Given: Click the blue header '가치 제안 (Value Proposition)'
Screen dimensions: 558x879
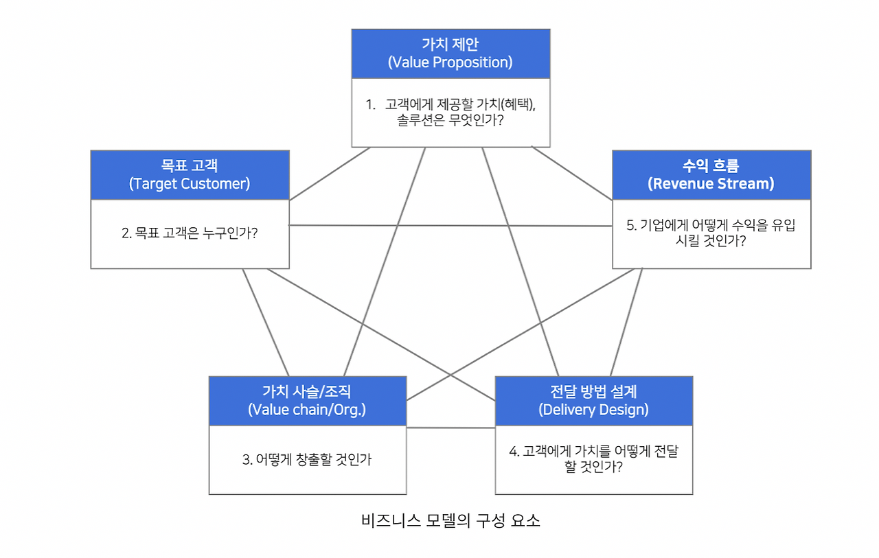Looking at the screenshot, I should point(450,54).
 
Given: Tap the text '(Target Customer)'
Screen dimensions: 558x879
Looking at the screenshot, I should point(190,184).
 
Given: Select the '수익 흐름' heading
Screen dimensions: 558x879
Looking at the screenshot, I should point(711,166).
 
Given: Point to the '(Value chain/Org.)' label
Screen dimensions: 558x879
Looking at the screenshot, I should point(307,410).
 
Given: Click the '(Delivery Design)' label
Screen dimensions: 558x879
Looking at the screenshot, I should point(593,410).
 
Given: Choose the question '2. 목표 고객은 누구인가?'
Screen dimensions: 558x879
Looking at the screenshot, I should point(190,233).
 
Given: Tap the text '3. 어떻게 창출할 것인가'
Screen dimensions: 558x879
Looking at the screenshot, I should point(307,459).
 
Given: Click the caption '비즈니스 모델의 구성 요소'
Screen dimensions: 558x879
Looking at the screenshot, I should point(450,520).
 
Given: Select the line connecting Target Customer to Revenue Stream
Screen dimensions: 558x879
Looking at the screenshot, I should point(450,225).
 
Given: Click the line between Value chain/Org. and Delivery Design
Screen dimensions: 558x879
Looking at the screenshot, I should point(450,428).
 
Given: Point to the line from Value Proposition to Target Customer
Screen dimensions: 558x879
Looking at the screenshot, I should point(330,174).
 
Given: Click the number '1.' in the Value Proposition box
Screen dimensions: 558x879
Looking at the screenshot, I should point(371,104).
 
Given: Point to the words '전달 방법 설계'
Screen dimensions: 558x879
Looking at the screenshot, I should point(593,392).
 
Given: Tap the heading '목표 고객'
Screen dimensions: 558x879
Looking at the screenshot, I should point(190,166).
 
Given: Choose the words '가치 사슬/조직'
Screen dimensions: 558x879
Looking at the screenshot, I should point(307,392).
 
